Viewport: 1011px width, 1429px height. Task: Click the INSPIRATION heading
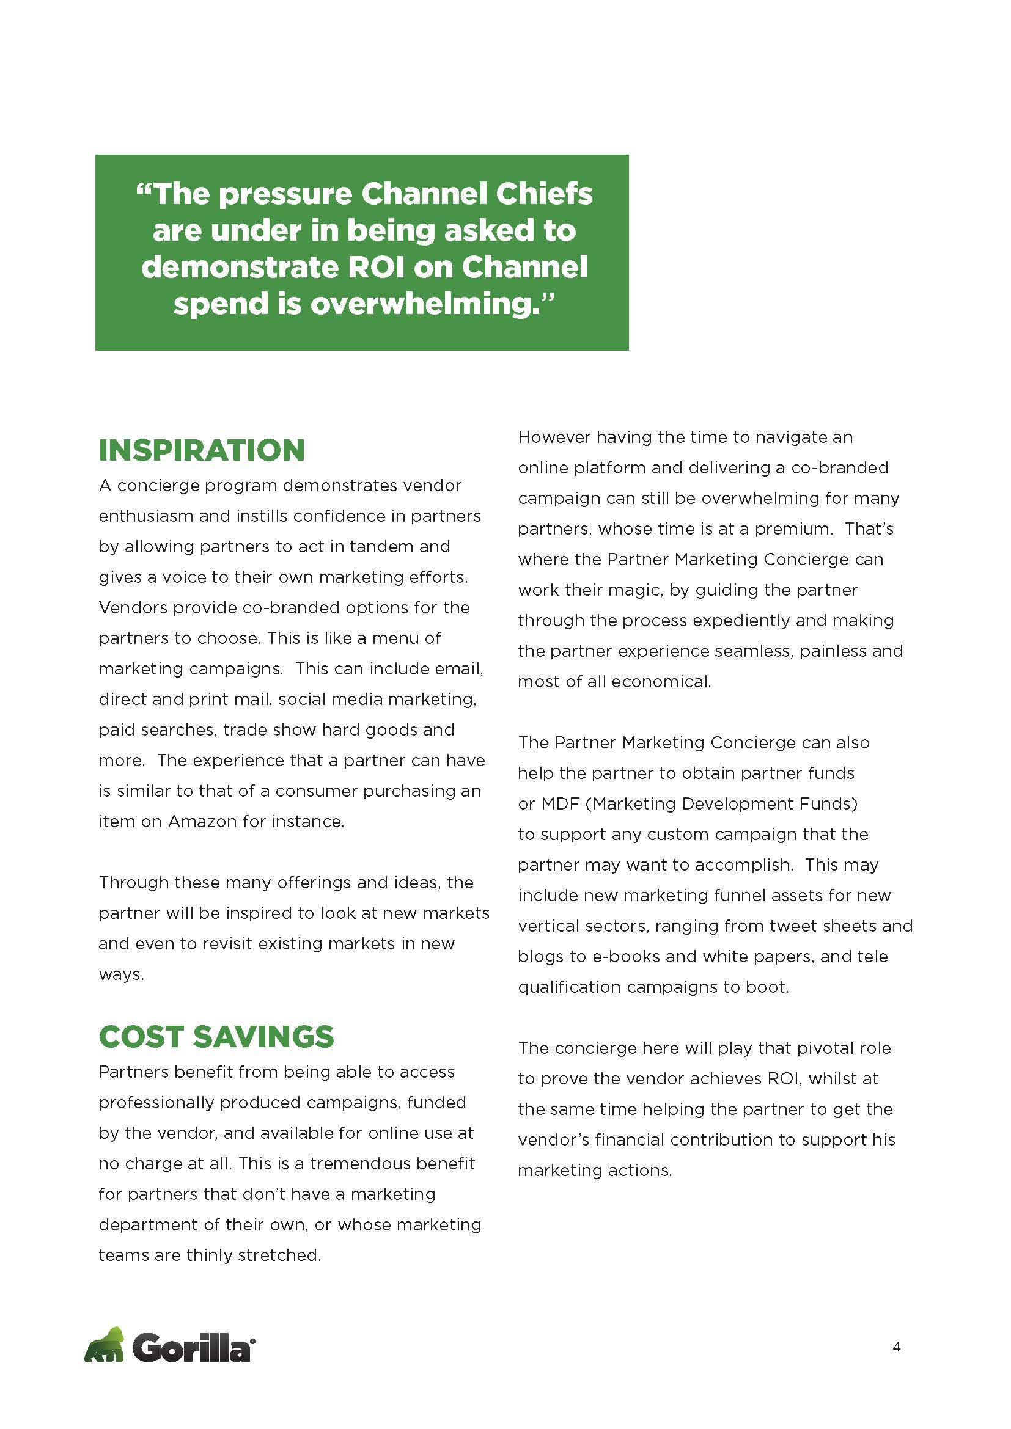click(202, 451)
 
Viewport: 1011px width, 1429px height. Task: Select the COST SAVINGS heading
click(216, 1037)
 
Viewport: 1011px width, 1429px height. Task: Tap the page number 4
click(897, 1348)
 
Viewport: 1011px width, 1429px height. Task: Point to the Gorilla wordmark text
click(193, 1349)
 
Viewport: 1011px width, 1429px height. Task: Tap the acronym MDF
click(561, 804)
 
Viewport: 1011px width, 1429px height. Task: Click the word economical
click(661, 682)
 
